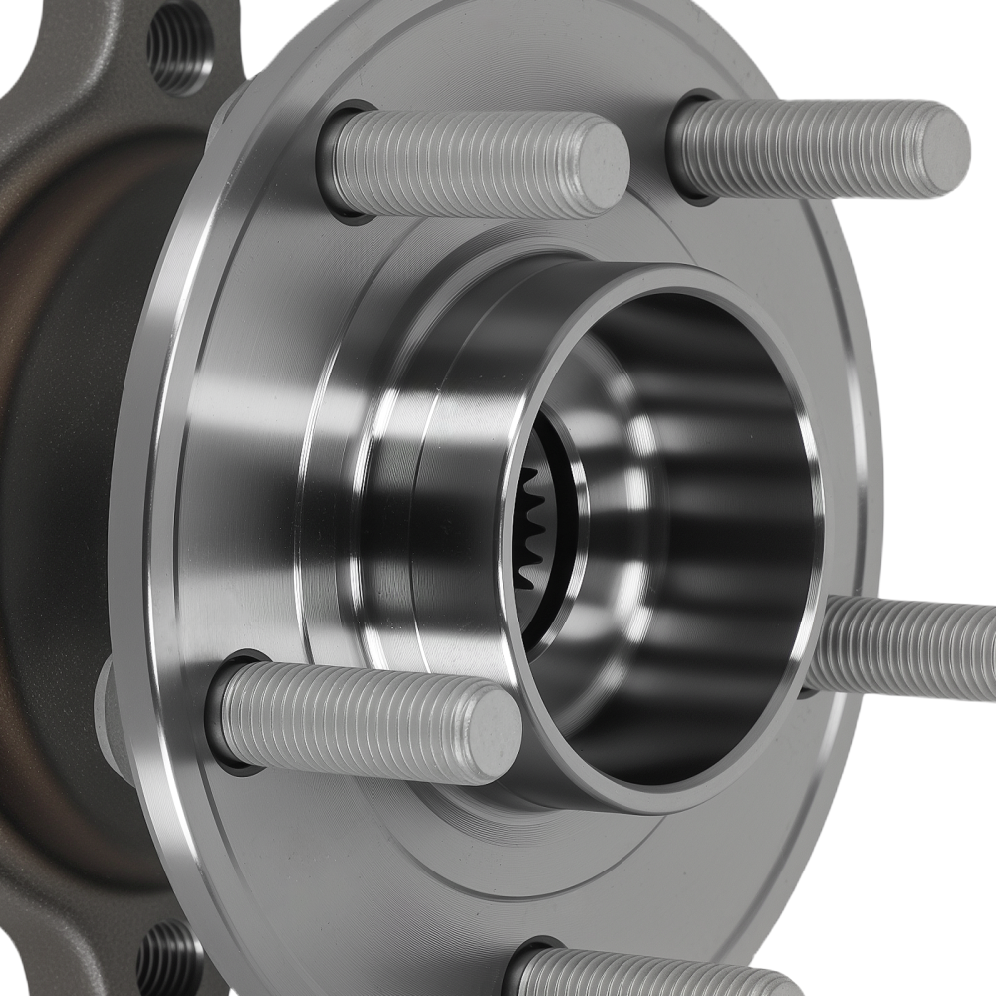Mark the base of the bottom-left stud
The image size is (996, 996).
click(227, 712)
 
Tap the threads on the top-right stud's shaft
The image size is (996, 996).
click(807, 147)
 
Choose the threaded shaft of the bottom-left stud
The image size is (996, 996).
click(349, 719)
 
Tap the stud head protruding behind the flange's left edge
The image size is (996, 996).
click(108, 712)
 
